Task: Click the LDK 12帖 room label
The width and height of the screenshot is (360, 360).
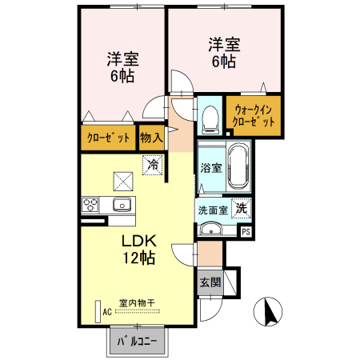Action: click(138, 250)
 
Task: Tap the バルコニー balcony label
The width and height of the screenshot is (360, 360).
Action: click(137, 342)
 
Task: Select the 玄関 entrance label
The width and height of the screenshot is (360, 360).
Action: click(210, 282)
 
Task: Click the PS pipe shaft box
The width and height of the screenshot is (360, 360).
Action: click(246, 232)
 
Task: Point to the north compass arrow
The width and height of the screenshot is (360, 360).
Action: click(269, 310)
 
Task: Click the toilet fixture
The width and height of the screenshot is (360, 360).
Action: click(210, 118)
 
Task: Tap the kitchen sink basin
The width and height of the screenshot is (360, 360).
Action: click(122, 204)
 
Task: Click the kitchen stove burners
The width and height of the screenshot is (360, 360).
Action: click(90, 204)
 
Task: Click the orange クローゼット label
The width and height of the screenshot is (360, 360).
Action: click(108, 138)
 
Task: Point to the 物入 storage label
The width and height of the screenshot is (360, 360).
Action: click(151, 137)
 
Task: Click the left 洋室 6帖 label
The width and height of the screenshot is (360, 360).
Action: click(122, 68)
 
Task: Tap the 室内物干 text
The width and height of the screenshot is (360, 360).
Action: click(137, 302)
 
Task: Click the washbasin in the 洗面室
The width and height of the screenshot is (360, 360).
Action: click(211, 230)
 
